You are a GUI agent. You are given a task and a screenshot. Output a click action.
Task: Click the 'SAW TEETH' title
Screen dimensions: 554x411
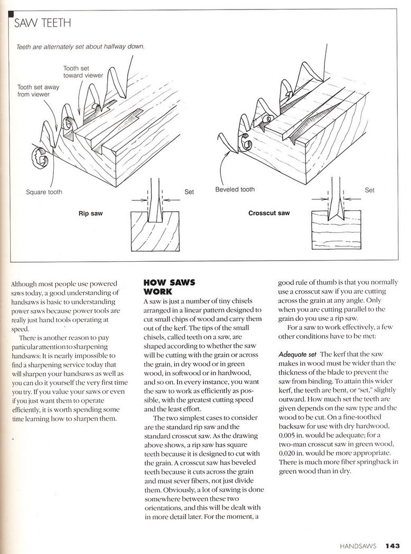(42, 23)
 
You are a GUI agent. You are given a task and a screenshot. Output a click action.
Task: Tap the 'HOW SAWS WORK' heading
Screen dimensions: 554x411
(169, 286)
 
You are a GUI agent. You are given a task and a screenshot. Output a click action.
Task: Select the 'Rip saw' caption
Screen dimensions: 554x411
(90, 214)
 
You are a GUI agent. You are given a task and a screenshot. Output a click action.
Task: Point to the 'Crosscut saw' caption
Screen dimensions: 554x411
(269, 214)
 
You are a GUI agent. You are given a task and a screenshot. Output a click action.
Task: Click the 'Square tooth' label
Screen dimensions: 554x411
(44, 192)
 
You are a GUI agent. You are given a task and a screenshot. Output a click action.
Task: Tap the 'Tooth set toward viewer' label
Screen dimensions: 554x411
(83, 72)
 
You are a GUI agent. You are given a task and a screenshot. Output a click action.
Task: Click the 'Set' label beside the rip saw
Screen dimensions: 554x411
(189, 192)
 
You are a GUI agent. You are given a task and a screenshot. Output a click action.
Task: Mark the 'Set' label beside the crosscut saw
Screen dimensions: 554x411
(370, 190)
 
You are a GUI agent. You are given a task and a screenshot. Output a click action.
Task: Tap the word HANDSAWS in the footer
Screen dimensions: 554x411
(359, 546)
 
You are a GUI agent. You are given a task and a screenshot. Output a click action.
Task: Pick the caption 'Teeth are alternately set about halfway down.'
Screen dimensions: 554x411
(80, 46)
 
